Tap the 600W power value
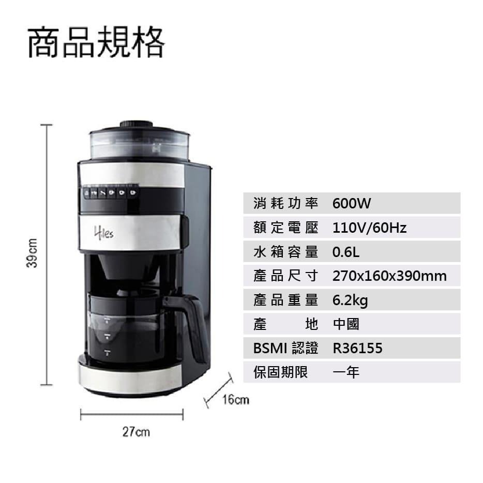coord(352,203)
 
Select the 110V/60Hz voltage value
coord(369,228)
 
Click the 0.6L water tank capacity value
coord(346,252)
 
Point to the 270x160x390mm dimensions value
coord(389,276)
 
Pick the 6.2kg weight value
coord(350,300)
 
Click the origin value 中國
coord(346,324)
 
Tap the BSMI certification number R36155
coord(357,348)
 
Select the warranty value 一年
coord(346,372)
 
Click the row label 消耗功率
coord(285,203)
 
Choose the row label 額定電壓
coord(285,228)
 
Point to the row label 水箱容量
coord(285,252)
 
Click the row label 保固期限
coord(280,372)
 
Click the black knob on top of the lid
coord(137,124)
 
